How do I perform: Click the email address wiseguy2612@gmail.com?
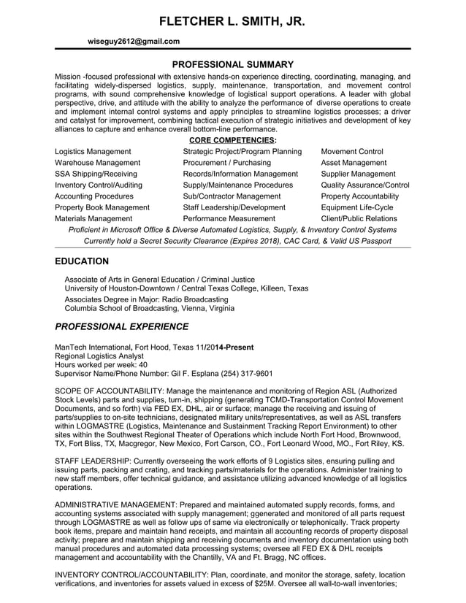pyautogui.click(x=133, y=42)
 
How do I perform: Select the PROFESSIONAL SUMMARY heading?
pyautogui.click(x=232, y=64)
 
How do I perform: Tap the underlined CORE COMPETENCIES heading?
pyautogui.click(x=232, y=139)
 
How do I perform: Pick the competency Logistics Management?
pyautogui.click(x=93, y=151)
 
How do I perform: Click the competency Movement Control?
pyautogui.click(x=352, y=151)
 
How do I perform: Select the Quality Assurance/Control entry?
pyautogui.click(x=365, y=185)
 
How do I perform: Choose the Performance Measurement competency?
pyautogui.click(x=229, y=218)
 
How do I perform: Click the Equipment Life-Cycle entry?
pyautogui.click(x=357, y=207)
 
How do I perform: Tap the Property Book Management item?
pyautogui.click(x=102, y=207)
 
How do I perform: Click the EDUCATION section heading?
pyautogui.click(x=83, y=261)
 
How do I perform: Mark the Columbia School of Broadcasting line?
pyautogui.click(x=150, y=309)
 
